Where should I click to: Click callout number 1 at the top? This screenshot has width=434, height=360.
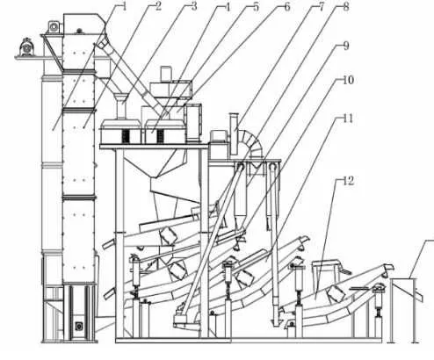pos(124,6)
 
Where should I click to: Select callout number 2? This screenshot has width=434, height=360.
pos(158,6)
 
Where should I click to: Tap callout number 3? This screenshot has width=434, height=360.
pos(194,6)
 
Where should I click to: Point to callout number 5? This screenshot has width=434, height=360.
pos(256,7)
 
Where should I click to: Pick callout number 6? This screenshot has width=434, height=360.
pos(287,7)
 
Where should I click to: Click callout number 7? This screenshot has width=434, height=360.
pos(322,7)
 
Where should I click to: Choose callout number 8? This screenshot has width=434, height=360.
pos(346,7)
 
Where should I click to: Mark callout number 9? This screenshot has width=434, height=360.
pos(346,46)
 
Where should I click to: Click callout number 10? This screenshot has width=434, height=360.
pos(348,80)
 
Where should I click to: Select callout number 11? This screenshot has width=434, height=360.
pos(348,119)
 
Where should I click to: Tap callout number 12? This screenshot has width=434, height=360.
pos(349,181)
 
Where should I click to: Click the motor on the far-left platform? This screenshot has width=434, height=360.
pos(27,47)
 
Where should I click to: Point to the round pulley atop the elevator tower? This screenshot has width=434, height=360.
pos(54,26)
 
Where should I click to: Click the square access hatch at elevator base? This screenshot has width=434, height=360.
pos(78,326)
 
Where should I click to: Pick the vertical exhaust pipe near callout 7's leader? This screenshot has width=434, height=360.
pos(234,133)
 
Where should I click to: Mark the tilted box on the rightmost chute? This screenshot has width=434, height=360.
pos(336,294)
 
